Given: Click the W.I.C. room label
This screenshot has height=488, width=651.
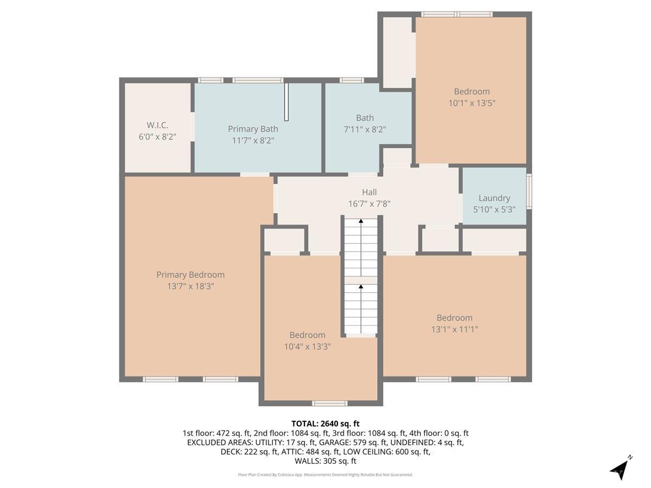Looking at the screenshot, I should click(x=157, y=125).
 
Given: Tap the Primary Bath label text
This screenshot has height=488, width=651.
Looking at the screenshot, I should click(x=253, y=129).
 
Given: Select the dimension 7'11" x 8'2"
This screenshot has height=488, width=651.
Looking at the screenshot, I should click(x=365, y=129).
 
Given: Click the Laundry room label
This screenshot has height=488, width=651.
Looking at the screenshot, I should click(x=494, y=198).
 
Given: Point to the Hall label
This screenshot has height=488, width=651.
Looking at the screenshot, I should click(x=369, y=192).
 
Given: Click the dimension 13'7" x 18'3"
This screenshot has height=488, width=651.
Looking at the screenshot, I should click(x=190, y=286).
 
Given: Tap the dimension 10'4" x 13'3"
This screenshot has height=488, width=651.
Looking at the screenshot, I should click(x=307, y=346).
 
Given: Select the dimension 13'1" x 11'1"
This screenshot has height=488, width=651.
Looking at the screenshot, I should click(x=454, y=329).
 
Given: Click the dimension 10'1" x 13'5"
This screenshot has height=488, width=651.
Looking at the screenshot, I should click(x=471, y=102).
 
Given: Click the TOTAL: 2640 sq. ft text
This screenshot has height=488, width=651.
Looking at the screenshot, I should click(x=325, y=423).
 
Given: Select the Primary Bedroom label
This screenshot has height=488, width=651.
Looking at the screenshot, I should click(x=190, y=275).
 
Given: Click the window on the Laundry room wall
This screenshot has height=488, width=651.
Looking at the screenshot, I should click(x=529, y=191).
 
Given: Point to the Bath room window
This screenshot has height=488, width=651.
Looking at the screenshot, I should click(x=352, y=81).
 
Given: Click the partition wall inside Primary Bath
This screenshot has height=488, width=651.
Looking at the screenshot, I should click(x=286, y=102).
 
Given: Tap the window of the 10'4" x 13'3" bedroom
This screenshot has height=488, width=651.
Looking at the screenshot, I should click(x=329, y=403).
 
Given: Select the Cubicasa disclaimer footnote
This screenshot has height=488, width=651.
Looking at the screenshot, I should click(x=325, y=474).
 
